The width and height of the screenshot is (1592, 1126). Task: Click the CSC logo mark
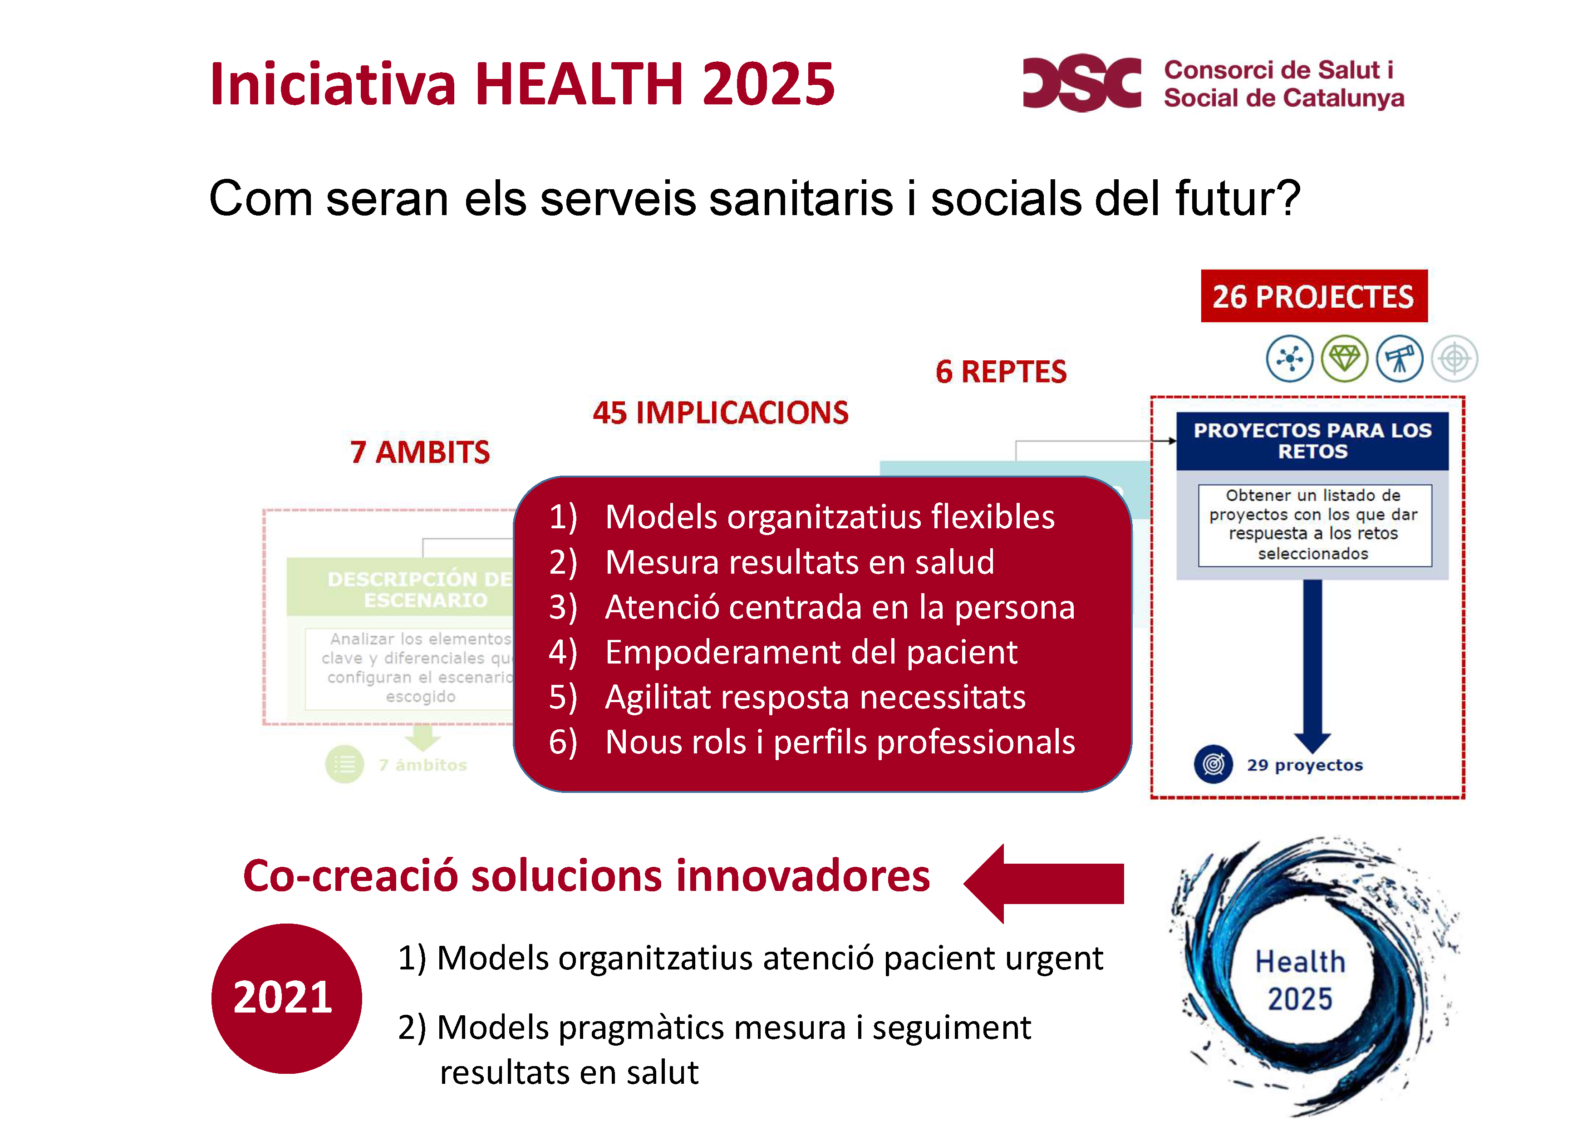(x=1081, y=83)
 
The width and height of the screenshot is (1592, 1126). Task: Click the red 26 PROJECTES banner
(x=1313, y=296)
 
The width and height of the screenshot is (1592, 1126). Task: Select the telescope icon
(x=1399, y=359)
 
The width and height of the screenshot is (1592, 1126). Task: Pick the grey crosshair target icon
(x=1454, y=359)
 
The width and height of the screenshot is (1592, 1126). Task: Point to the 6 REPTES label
(x=1001, y=372)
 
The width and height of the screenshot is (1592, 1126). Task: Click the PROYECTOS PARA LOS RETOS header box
(x=1312, y=441)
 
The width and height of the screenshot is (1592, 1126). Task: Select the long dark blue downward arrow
(x=1312, y=666)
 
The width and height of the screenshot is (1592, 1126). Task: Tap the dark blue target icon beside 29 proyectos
(x=1213, y=764)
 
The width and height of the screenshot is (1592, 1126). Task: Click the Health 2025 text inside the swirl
(x=1300, y=980)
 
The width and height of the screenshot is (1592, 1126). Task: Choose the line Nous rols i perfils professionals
(x=840, y=742)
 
